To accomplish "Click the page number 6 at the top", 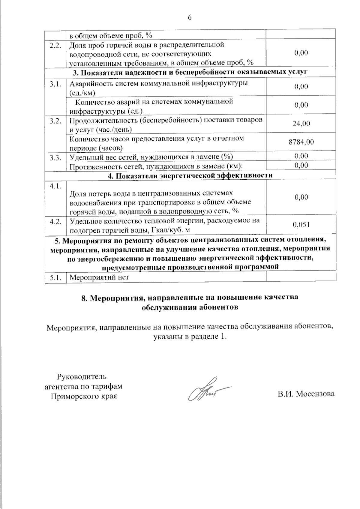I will click(189, 18).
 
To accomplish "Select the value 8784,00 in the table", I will click(301, 142).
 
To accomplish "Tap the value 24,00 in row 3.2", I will click(301, 124).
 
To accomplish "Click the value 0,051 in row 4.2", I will click(301, 225).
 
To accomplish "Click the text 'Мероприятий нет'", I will click(99, 277).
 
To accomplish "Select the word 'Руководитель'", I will click(82, 376).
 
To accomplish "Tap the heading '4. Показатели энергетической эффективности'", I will click(190, 175).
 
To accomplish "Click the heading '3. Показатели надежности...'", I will click(190, 72).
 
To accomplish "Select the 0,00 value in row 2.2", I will click(301, 53).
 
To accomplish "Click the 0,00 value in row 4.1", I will click(301, 197).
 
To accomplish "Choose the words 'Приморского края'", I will click(84, 396).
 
